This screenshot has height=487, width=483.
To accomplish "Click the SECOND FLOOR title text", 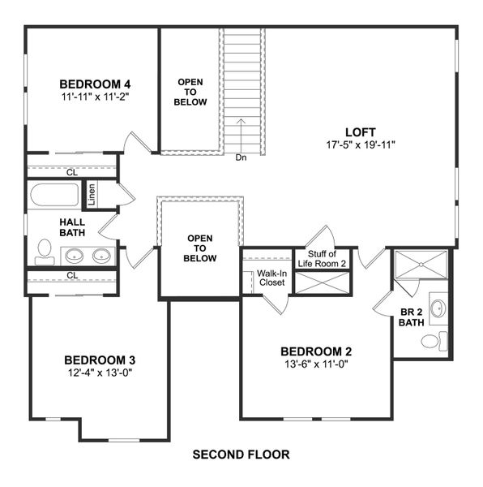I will click(241, 454).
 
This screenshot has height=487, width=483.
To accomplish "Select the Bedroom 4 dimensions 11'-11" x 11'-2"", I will click(95, 96).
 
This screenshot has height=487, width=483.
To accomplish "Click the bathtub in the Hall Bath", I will click(53, 196).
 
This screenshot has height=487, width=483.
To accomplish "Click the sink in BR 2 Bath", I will click(437, 308).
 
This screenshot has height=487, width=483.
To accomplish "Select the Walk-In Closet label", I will click(271, 278).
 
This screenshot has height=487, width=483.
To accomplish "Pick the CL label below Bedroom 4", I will click(72, 171).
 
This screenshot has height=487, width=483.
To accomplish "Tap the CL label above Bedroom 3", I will click(72, 275).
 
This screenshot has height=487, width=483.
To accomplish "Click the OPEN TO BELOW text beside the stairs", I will click(192, 92).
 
